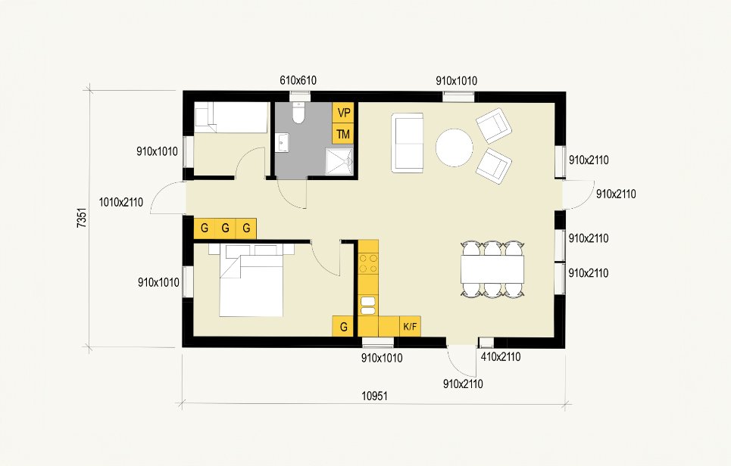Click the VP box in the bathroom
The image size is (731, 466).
point(343,113)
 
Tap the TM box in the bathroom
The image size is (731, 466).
point(343,134)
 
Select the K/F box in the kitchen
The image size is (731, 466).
point(411,326)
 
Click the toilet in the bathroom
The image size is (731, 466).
point(298,112)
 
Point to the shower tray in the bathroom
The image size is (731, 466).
point(339,161)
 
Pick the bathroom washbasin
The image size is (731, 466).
point(283,142)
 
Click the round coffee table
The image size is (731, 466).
point(455,148)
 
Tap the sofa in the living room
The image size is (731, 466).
point(408,143)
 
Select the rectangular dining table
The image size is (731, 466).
point(492,269)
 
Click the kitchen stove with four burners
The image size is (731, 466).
point(368,263)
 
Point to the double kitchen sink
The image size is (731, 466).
point(368,306)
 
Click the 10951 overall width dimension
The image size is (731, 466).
point(374,396)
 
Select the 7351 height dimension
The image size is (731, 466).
point(82,218)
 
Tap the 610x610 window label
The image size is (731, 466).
point(298,80)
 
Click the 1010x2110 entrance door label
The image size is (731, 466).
point(120,203)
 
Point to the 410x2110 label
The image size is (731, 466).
point(501,357)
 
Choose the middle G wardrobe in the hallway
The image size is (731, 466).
point(225,228)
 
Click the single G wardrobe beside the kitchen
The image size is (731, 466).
point(344,326)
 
